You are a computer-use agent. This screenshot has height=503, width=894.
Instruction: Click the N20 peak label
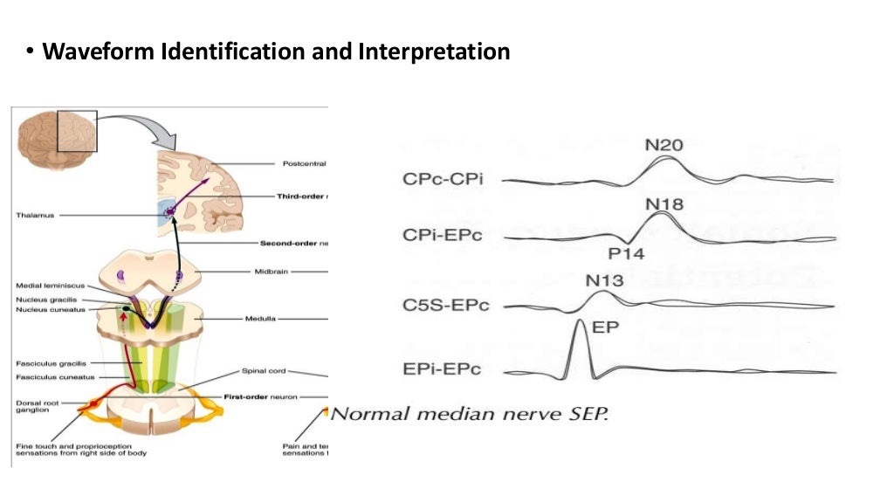tap(664, 144)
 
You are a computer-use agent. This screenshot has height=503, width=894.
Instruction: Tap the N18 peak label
tap(664, 204)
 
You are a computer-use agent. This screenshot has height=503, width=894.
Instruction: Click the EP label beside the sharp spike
tap(606, 328)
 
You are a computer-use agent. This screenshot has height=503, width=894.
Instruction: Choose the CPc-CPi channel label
tap(444, 179)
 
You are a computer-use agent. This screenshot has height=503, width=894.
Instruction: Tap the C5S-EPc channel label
tap(446, 305)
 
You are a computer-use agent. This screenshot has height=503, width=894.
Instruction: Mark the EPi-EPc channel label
tap(442, 369)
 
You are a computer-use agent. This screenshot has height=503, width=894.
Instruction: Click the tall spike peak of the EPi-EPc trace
tap(580, 322)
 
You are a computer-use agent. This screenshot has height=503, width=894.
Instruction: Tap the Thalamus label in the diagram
tap(35, 214)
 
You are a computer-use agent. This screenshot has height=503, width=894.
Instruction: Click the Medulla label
tap(263, 319)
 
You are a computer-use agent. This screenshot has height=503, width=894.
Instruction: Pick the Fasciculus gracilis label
tap(50, 363)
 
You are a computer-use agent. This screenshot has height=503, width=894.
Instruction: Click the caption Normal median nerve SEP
tap(470, 412)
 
